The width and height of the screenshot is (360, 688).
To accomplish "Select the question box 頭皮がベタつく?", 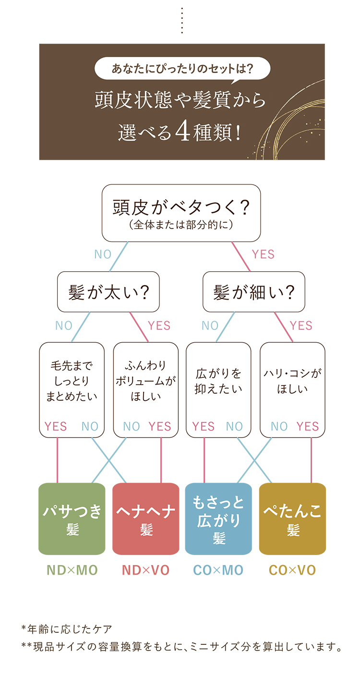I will (181, 213).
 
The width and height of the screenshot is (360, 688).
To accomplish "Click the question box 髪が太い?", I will (108, 292).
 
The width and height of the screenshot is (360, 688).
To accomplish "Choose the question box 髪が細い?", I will (253, 292).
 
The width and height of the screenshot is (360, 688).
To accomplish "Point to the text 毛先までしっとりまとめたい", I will (72, 381).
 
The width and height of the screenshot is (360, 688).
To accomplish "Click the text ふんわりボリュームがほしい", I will (146, 381).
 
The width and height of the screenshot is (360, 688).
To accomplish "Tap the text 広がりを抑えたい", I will (218, 381).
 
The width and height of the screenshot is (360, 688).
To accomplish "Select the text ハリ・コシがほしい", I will (292, 381).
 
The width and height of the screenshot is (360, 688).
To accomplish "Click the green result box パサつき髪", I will (72, 519).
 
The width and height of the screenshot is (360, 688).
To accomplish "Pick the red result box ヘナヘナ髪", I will (146, 519).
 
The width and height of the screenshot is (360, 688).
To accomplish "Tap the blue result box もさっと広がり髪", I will (218, 519).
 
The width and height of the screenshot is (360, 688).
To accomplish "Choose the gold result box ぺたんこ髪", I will (292, 519).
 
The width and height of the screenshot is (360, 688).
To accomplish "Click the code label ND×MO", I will (72, 570).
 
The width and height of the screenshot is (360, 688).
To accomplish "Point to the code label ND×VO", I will (146, 570).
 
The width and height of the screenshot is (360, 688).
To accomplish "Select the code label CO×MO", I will (218, 570).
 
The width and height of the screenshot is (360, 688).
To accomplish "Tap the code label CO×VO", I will (292, 570).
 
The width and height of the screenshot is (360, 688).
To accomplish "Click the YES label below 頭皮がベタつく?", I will (263, 254).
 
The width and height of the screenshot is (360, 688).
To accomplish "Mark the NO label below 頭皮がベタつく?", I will (103, 254).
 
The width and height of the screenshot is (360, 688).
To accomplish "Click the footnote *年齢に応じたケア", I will (67, 629).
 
